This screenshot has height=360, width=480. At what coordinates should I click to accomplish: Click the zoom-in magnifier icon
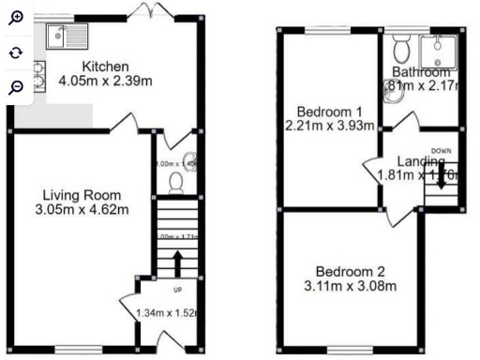click(x=16, y=17)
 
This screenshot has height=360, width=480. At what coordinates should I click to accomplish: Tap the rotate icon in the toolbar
click(x=16, y=52)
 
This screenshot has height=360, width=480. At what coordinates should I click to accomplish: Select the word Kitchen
click(x=100, y=66)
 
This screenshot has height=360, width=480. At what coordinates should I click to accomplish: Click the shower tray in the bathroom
click(x=438, y=50)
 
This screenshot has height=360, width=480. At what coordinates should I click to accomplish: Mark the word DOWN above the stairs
click(x=442, y=150)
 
